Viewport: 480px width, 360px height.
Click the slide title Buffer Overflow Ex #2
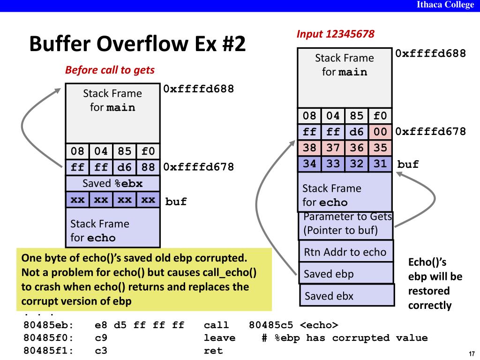point(137,45)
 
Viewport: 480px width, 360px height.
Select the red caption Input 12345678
point(335,34)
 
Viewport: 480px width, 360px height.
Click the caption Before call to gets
point(110,70)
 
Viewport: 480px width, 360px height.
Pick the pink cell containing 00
point(380,132)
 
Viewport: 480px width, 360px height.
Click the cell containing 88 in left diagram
point(148,167)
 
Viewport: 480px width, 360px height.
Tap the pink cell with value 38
point(309,148)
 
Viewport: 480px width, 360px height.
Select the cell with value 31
point(380,164)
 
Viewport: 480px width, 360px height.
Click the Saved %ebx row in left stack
point(112,183)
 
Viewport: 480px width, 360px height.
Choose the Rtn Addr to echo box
point(345,252)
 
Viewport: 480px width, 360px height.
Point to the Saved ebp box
point(345,274)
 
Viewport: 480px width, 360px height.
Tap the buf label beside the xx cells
point(176,202)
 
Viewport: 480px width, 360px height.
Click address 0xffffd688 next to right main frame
point(430,53)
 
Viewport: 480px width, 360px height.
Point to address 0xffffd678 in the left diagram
point(198,167)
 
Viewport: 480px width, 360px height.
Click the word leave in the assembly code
point(220,338)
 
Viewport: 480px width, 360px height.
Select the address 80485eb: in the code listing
point(49,325)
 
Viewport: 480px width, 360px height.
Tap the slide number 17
point(472,353)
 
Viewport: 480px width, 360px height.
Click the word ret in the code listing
point(213,351)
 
